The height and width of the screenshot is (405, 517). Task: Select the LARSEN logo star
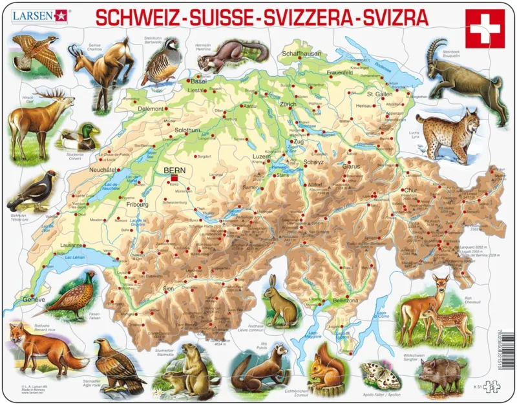point(62,12)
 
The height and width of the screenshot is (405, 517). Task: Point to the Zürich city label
point(288,104)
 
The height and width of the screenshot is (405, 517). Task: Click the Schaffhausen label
point(302,54)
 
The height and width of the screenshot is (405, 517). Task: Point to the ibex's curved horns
point(438,49)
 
